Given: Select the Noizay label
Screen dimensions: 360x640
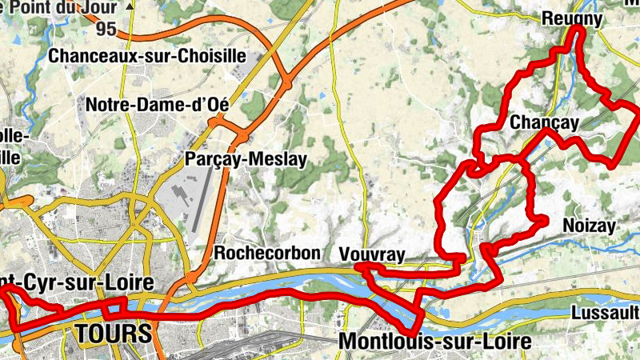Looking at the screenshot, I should click(589, 226).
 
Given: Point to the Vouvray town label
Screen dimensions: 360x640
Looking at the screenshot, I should click(372, 254).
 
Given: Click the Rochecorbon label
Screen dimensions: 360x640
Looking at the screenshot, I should click(267, 253).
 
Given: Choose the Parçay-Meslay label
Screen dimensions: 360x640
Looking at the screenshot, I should click(246, 159).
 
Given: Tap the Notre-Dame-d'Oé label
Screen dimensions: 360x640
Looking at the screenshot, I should click(157, 105).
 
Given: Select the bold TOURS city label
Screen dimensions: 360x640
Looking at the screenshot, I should click(113, 332).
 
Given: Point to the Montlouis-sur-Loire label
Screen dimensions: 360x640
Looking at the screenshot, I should click(434, 342).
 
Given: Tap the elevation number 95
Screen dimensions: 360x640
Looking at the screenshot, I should click(105, 29).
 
